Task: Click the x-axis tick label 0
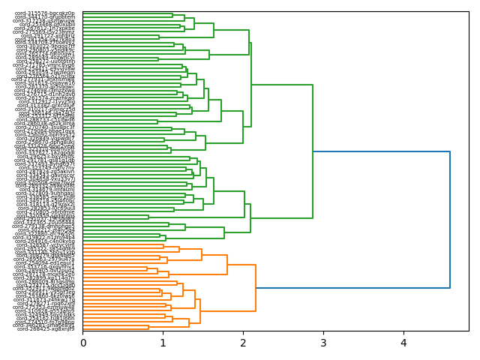83,343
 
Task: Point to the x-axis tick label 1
163,343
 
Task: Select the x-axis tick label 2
243,343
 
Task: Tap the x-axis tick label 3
323,343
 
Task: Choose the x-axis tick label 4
403,343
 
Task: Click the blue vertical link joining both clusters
450,220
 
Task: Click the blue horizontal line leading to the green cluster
381,152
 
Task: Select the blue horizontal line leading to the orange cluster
352,288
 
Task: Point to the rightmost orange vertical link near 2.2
256,288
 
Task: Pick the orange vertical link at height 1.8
227,265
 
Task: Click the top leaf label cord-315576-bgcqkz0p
45,13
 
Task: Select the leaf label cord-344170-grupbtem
45,17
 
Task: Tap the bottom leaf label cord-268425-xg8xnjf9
46,328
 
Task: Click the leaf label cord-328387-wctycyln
46,245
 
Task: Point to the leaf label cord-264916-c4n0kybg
46,241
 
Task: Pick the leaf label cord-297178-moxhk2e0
44,274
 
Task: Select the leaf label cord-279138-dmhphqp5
44,226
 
